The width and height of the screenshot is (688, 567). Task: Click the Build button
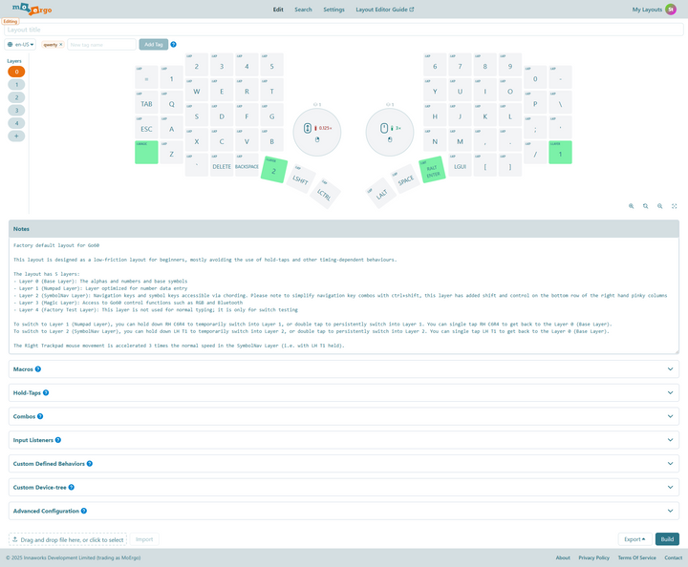pos(667,538)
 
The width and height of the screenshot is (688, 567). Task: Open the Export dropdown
pos(634,538)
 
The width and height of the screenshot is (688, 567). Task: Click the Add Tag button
pos(153,44)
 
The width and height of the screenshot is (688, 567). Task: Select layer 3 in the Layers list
pos(17,110)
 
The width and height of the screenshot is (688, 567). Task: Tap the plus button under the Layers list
pos(17,136)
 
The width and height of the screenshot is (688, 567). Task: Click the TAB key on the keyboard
pos(146,103)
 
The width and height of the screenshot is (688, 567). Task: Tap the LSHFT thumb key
pos(300,178)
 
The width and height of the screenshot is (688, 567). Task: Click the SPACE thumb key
pos(406,179)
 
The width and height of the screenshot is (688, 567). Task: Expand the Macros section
pos(344,367)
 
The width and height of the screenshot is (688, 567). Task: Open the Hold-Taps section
pos(344,392)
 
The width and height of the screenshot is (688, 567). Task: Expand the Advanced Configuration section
pos(344,511)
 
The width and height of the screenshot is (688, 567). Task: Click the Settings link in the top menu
pos(333,10)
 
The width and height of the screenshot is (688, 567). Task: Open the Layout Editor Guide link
pos(384,10)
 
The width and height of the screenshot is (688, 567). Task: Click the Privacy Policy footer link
pos(593,557)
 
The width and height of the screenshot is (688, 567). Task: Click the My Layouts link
pos(647,10)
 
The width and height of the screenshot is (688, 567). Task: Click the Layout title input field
pos(344,30)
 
